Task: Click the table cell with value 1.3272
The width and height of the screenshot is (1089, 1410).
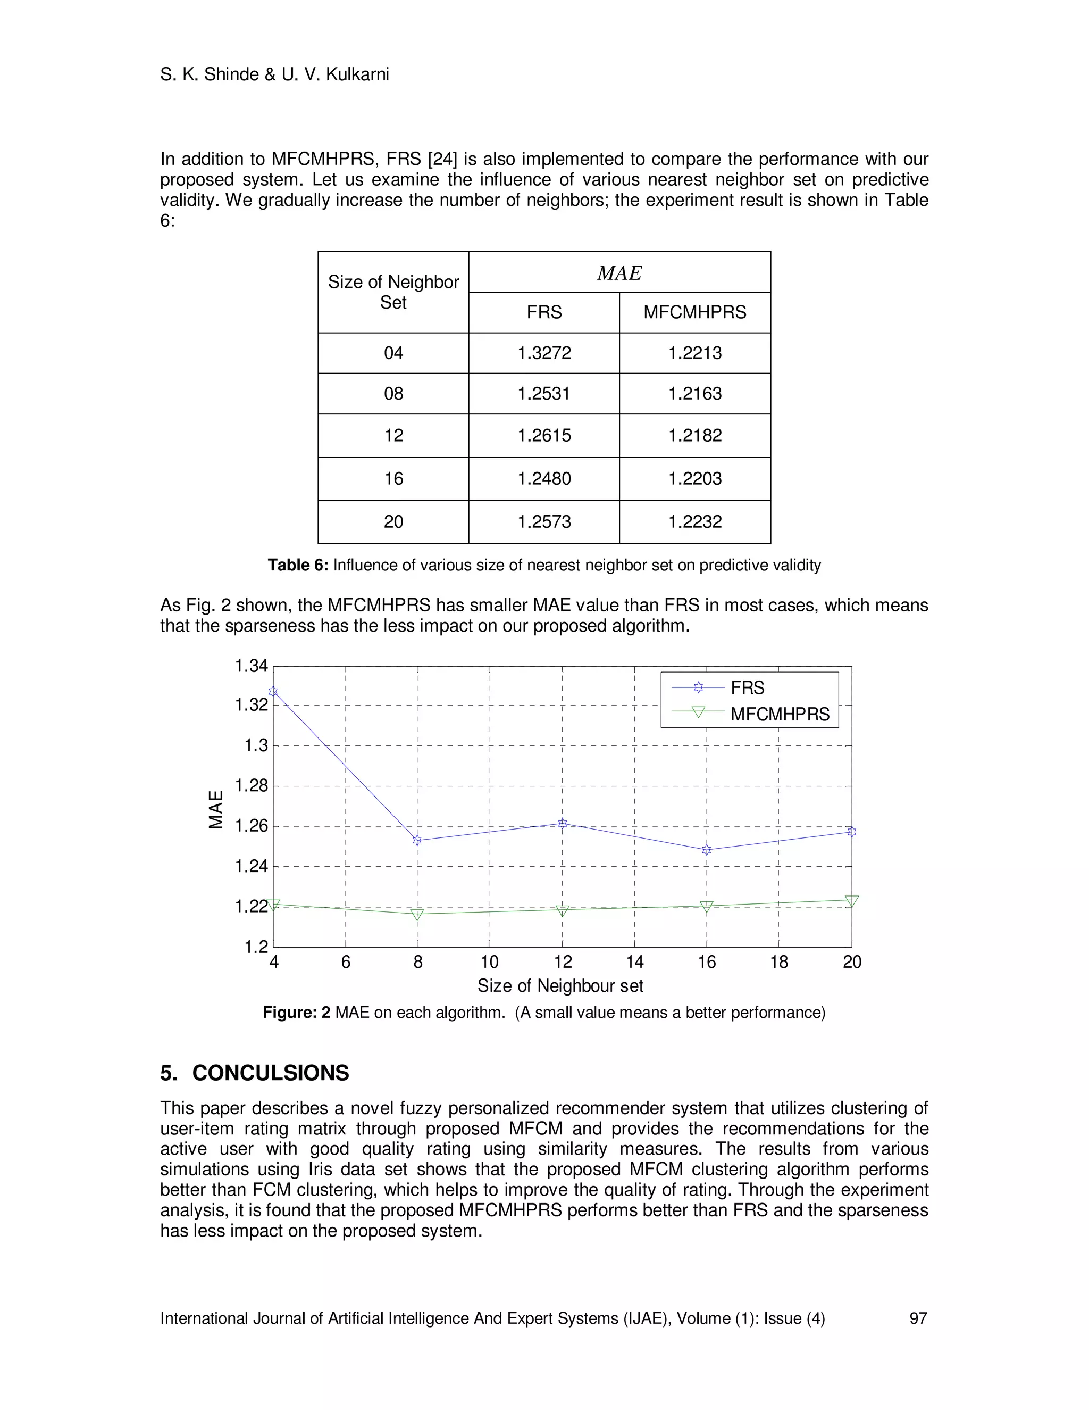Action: (x=544, y=353)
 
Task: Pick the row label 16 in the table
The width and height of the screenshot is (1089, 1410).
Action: (x=393, y=478)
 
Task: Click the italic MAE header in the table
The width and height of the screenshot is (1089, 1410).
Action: (x=619, y=273)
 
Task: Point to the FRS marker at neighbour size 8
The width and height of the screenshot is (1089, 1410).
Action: (x=417, y=840)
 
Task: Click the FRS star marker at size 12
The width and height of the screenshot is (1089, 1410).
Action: (x=562, y=823)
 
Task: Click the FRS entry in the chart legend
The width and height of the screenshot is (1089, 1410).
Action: (x=747, y=687)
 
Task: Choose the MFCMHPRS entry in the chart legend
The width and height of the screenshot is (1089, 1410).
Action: (x=780, y=714)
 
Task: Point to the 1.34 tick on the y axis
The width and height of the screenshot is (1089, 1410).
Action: (x=251, y=666)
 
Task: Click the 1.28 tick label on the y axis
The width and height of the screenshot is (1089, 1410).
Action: (x=251, y=786)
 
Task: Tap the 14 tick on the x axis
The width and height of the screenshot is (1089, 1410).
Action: (x=635, y=963)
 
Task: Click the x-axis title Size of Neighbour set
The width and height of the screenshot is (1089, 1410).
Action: (x=560, y=986)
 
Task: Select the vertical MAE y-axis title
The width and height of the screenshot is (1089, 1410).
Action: (x=216, y=810)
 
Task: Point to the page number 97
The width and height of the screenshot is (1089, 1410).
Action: (x=917, y=1318)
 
